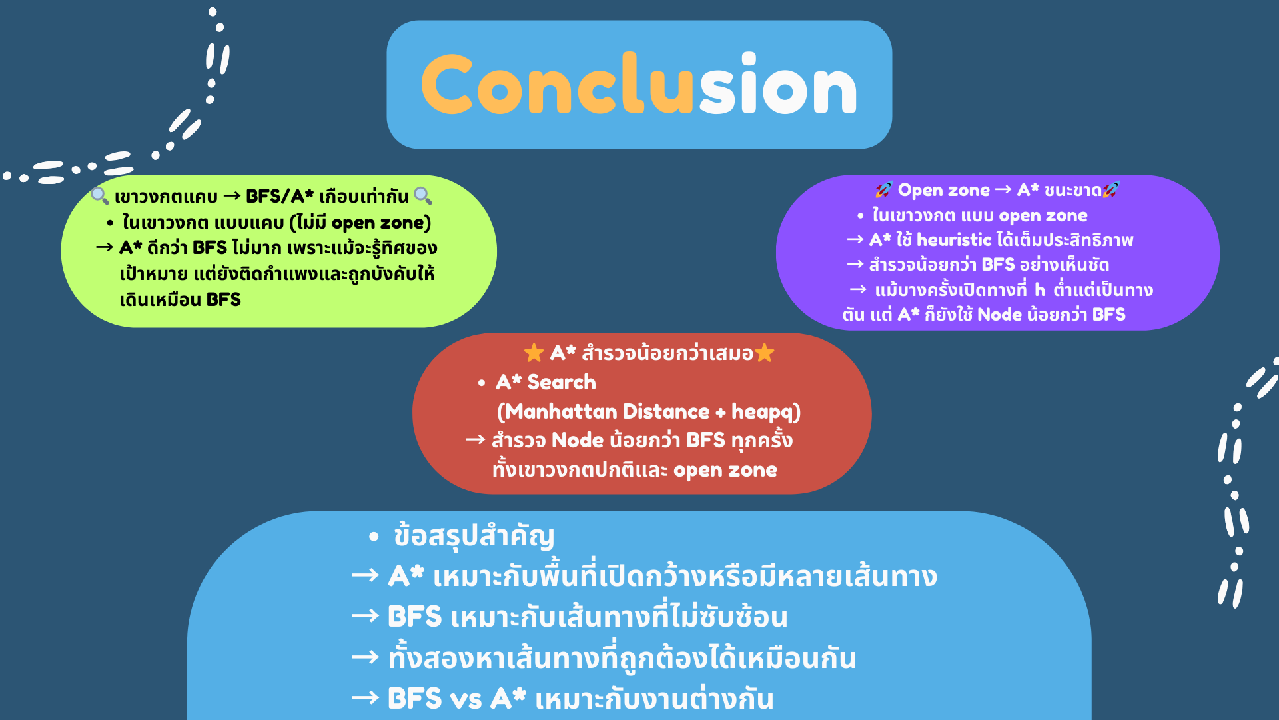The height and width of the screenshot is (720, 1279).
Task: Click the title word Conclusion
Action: coord(639,85)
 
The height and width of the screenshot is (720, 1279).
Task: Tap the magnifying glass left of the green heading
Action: coord(100,195)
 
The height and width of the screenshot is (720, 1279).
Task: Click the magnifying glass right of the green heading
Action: coord(423,195)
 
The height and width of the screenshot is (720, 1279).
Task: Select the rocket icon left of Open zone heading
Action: coord(884,190)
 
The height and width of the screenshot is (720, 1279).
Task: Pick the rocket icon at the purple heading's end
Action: coord(1111,190)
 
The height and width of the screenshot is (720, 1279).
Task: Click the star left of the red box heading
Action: coord(534,353)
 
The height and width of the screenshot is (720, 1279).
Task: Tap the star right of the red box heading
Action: coord(765,353)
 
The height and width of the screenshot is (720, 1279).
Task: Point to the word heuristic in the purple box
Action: coord(954,240)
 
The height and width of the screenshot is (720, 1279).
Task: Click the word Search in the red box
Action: coord(562,382)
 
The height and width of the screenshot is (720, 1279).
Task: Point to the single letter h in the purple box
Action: coord(1040,289)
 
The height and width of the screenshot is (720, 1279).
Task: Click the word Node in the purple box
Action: coord(1000,315)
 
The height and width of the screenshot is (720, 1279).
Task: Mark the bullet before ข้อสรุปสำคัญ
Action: coord(374,537)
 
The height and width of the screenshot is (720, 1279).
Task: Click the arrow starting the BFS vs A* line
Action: coord(366,698)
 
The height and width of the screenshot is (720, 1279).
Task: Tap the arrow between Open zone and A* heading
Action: coord(1003,190)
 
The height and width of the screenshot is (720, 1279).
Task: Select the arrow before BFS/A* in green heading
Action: coord(232,196)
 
